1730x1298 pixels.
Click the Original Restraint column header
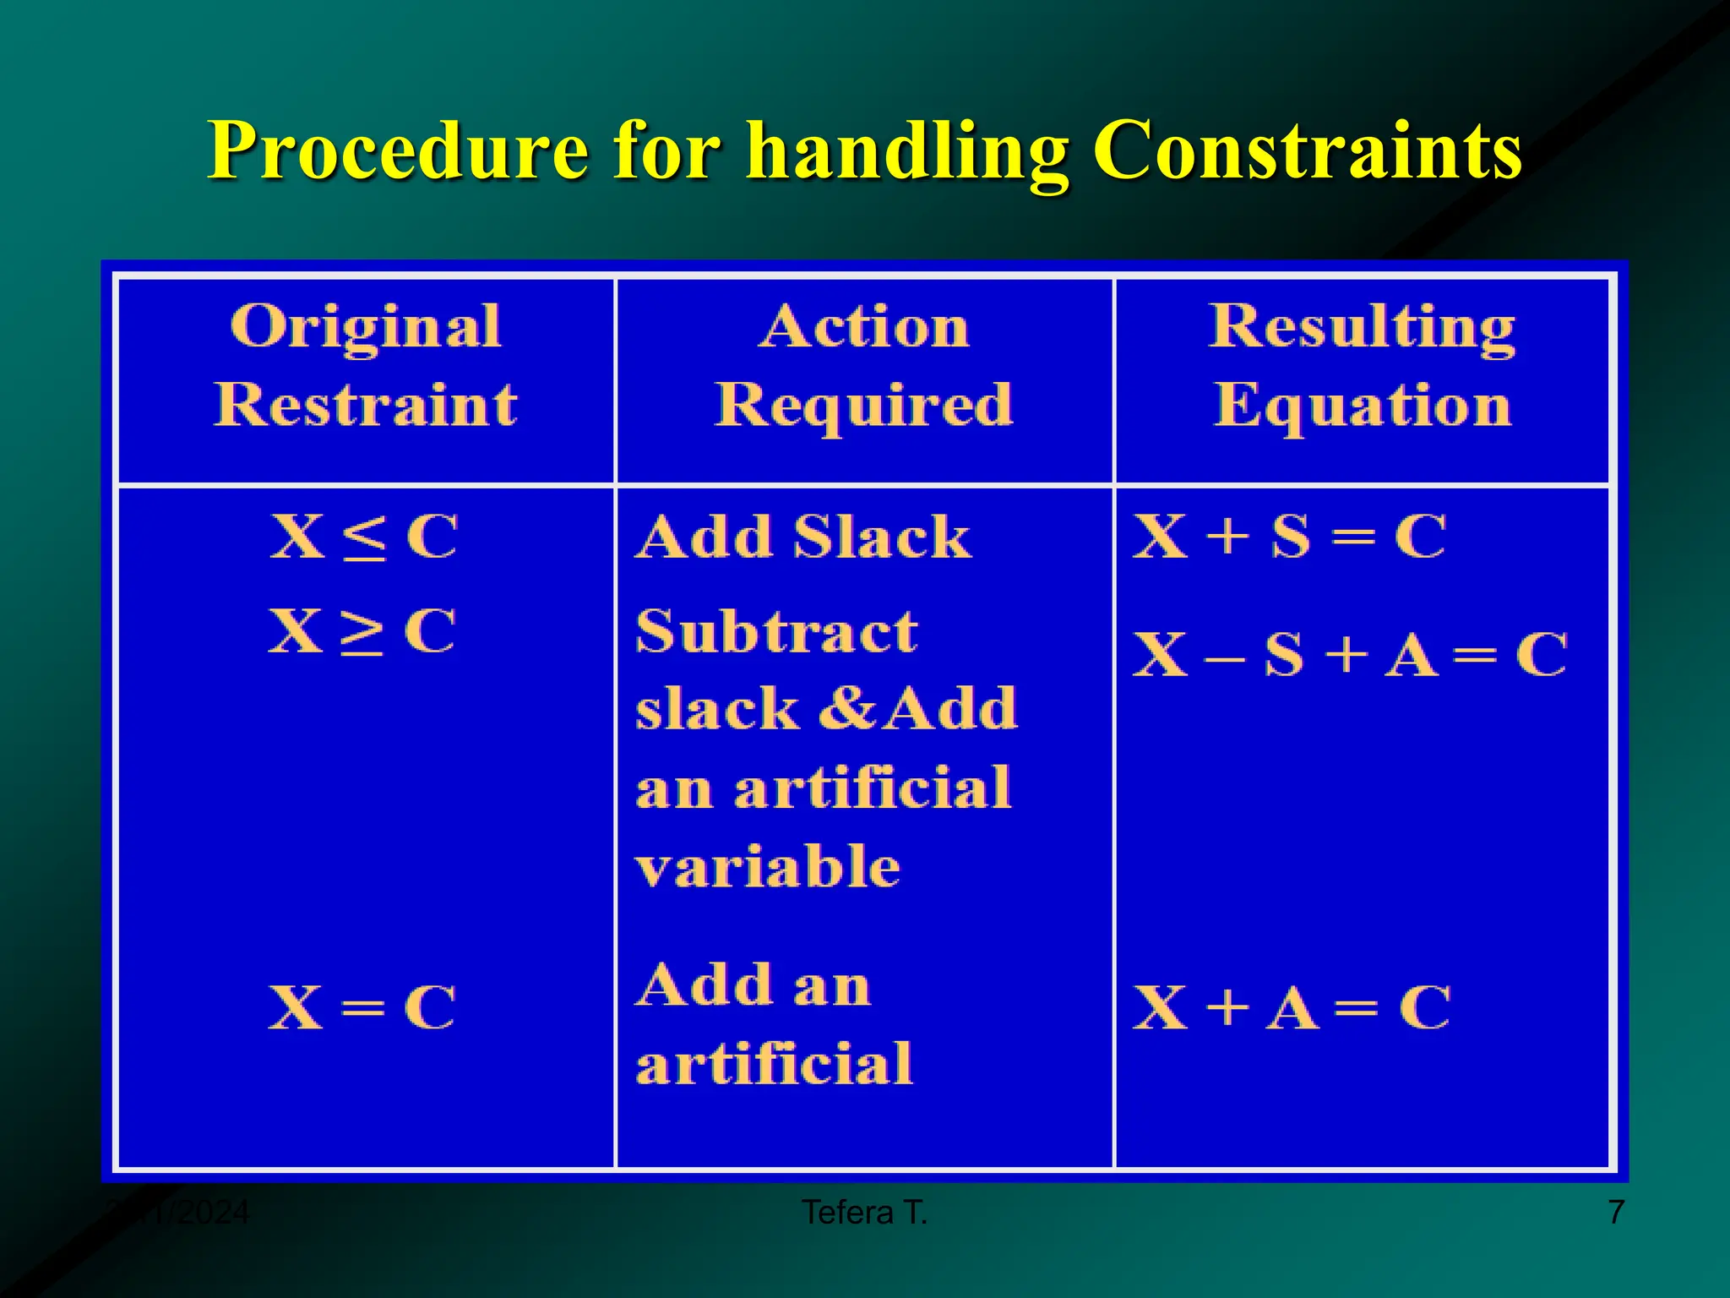click(365, 365)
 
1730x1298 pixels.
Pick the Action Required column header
click(863, 365)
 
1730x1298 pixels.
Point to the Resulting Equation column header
click(1362, 365)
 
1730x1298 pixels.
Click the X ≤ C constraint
click(364, 537)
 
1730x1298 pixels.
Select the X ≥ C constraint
click(362, 631)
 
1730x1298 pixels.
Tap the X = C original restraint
click(362, 1006)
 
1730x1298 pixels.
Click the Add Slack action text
click(803, 537)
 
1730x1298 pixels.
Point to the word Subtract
click(776, 631)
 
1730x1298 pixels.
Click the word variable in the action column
click(768, 867)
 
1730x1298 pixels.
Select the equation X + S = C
click(1289, 537)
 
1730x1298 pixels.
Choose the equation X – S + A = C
click(1349, 655)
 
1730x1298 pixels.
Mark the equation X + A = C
click(1291, 1006)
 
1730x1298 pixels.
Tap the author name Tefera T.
click(864, 1213)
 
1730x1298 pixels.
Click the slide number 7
click(1615, 1213)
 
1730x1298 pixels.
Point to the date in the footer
click(179, 1213)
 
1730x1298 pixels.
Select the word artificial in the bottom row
click(774, 1063)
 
